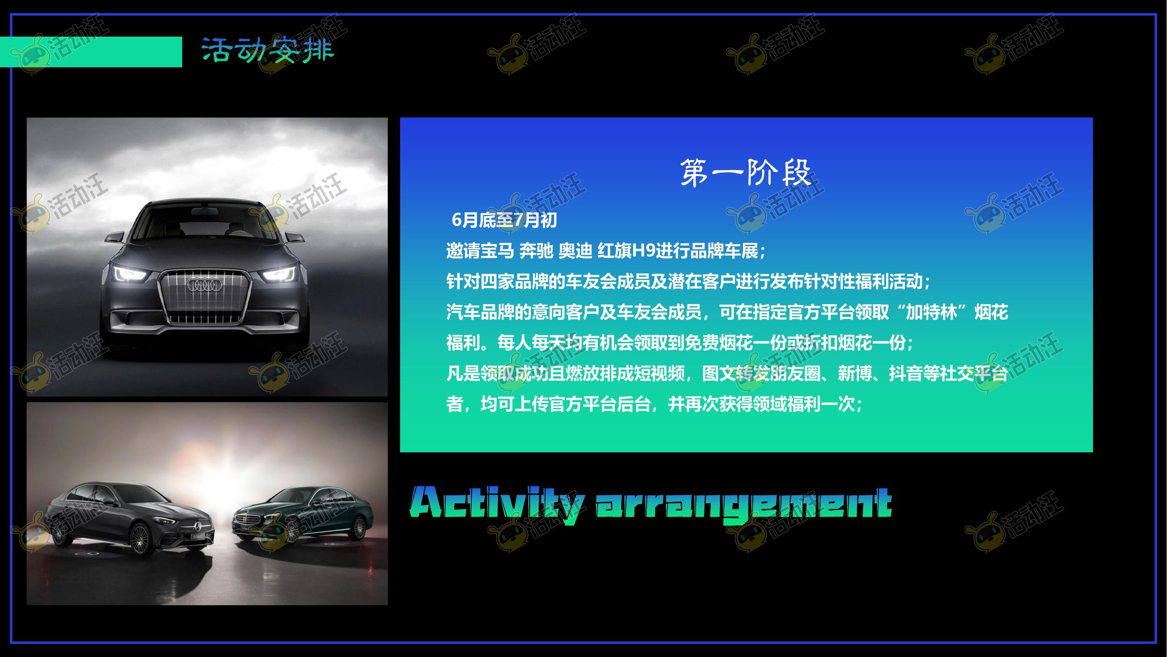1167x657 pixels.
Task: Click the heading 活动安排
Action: click(268, 50)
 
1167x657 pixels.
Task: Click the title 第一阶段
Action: click(746, 172)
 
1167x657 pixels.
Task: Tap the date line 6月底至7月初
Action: click(504, 220)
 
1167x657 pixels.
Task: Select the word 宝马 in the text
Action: click(497, 251)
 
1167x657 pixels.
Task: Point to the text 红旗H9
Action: click(626, 251)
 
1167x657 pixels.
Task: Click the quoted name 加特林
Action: click(932, 313)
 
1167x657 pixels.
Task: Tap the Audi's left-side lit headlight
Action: click(130, 274)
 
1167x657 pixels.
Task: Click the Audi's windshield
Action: click(205, 223)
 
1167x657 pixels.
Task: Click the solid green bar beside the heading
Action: click(91, 52)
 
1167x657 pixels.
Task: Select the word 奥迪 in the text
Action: click(575, 251)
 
